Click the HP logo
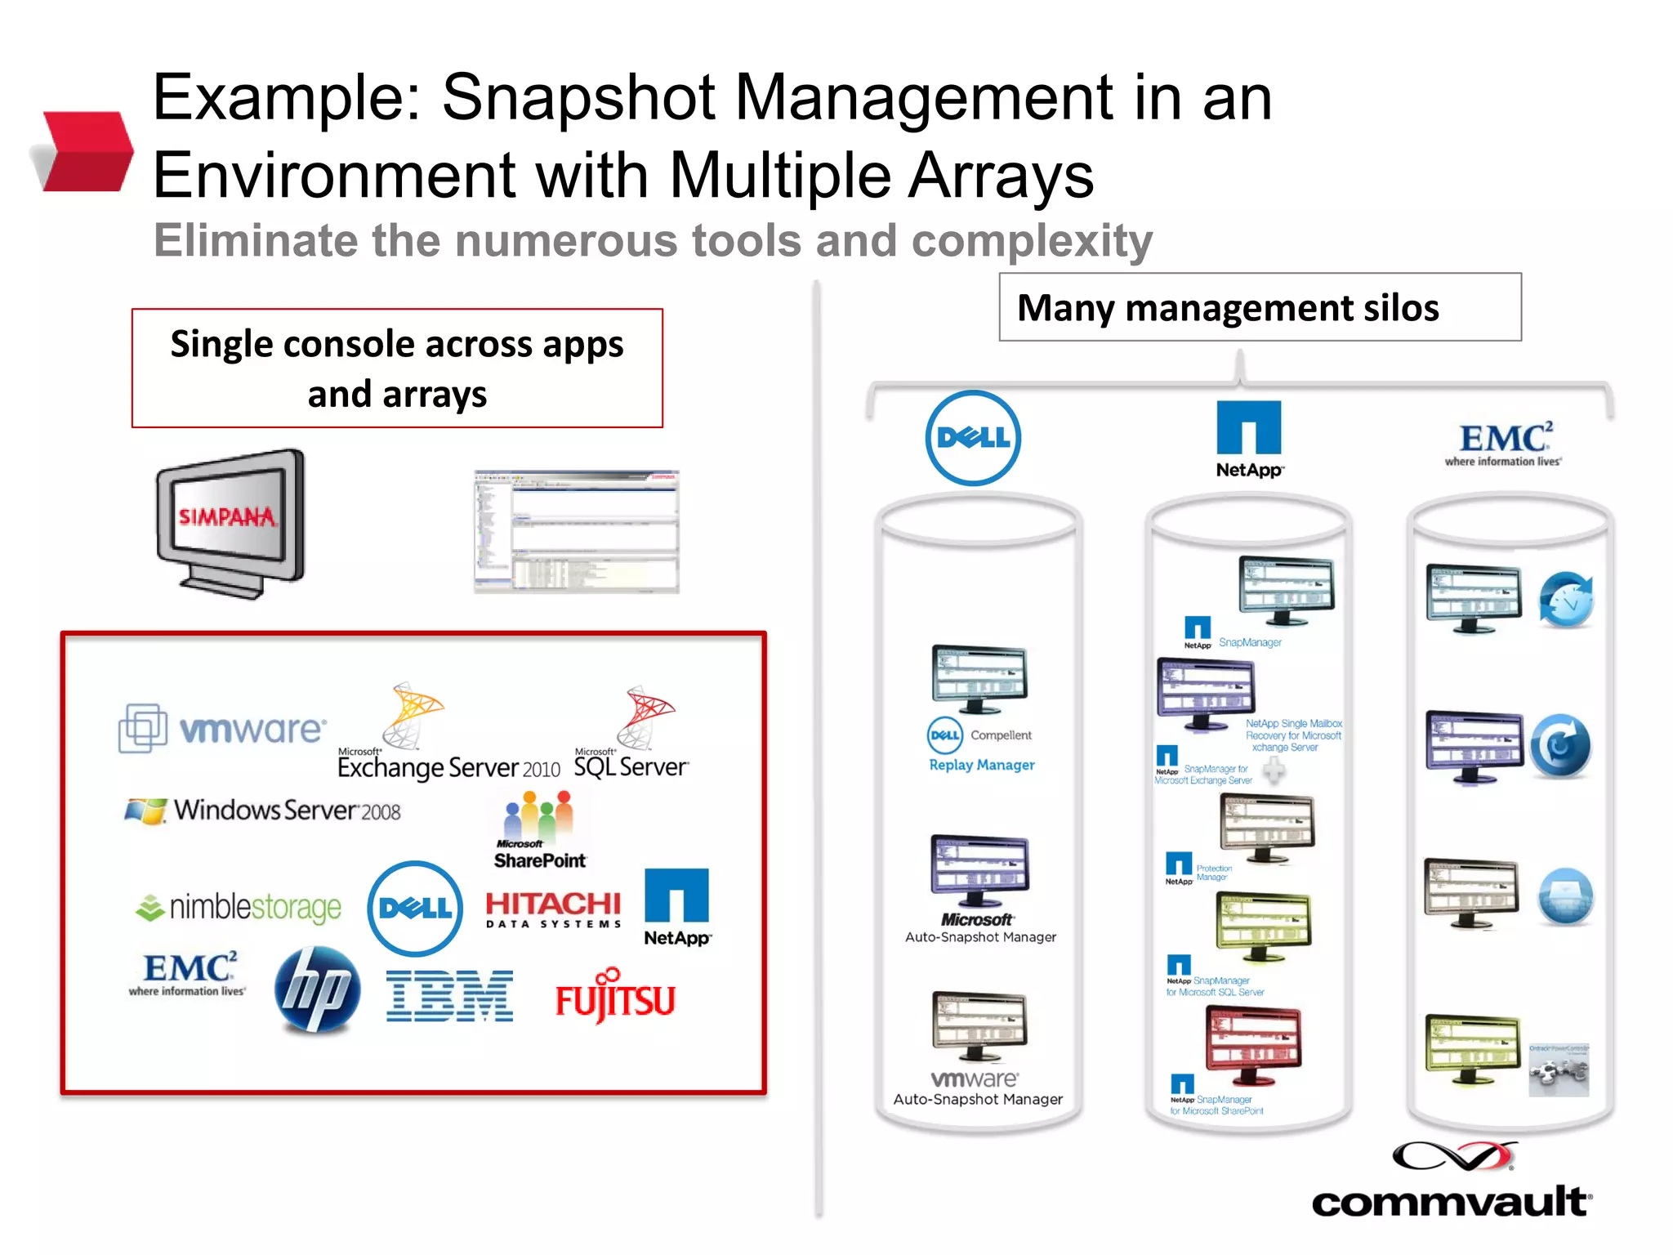[x=317, y=990]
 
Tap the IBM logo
[x=449, y=996]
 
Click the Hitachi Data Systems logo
[x=553, y=909]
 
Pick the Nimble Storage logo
[x=239, y=907]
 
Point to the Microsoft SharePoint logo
[x=539, y=830]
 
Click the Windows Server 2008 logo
[x=262, y=811]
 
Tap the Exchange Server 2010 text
[x=448, y=768]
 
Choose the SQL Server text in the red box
[x=631, y=766]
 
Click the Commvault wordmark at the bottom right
[x=1451, y=1202]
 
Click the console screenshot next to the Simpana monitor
[x=577, y=531]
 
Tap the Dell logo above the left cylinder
[x=973, y=438]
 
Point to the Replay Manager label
[x=981, y=765]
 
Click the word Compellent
[x=1001, y=735]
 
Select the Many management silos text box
[x=1260, y=308]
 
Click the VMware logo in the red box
[x=223, y=727]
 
